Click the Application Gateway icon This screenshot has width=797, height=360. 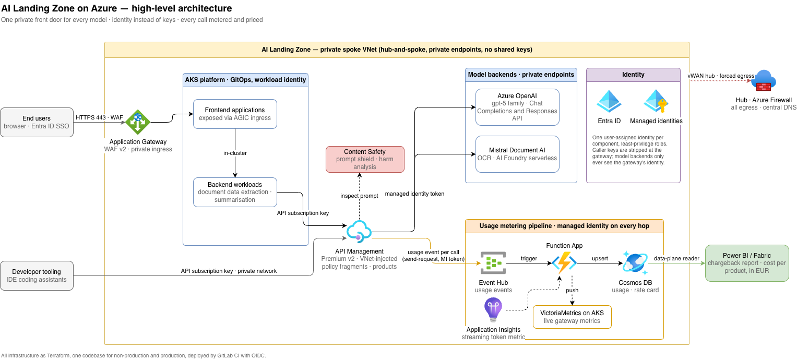(x=138, y=122)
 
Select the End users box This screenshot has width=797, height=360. (x=37, y=123)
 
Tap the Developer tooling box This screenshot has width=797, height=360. (x=37, y=275)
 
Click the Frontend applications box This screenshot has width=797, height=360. (x=235, y=114)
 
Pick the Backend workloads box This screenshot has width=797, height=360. (x=235, y=192)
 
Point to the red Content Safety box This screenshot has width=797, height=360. (x=365, y=159)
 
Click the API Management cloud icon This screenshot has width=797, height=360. (x=359, y=232)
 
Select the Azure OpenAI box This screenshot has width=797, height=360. (x=517, y=107)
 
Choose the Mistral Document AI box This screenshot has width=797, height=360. (x=517, y=154)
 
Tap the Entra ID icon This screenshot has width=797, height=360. (x=609, y=101)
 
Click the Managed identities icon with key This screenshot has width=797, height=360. (x=656, y=101)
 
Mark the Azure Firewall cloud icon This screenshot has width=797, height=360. (x=764, y=81)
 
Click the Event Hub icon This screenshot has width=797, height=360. (x=493, y=263)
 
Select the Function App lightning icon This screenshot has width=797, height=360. (x=564, y=263)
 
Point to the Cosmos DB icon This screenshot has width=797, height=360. (x=635, y=263)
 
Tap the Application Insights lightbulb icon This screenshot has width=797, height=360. (x=493, y=310)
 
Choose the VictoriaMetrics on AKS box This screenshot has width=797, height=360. (x=572, y=317)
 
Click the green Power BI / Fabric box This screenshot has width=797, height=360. (x=747, y=263)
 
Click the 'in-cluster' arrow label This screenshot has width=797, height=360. (x=235, y=153)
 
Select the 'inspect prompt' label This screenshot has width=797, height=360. (x=359, y=196)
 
